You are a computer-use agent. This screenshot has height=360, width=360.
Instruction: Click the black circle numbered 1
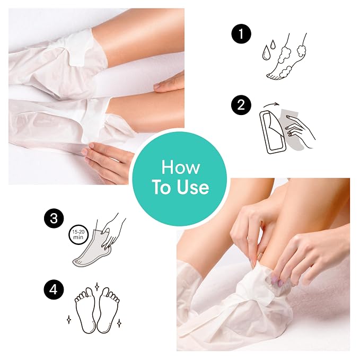(241, 33)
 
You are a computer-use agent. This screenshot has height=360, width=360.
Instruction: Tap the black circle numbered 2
(241, 105)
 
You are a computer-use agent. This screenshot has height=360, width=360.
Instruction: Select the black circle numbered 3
(54, 218)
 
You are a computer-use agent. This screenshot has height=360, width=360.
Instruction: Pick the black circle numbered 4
(54, 289)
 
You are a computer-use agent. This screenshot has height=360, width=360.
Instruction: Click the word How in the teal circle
(180, 167)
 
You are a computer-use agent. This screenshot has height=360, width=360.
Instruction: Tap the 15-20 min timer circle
(78, 235)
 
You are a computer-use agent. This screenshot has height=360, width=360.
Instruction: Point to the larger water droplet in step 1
(266, 52)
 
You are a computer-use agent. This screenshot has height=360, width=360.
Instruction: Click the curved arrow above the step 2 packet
(271, 104)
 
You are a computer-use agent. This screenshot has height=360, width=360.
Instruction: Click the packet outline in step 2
(273, 131)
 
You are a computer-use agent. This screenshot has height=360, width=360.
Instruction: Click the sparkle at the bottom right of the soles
(119, 323)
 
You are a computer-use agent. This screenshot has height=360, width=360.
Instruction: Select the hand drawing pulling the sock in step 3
(112, 231)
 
